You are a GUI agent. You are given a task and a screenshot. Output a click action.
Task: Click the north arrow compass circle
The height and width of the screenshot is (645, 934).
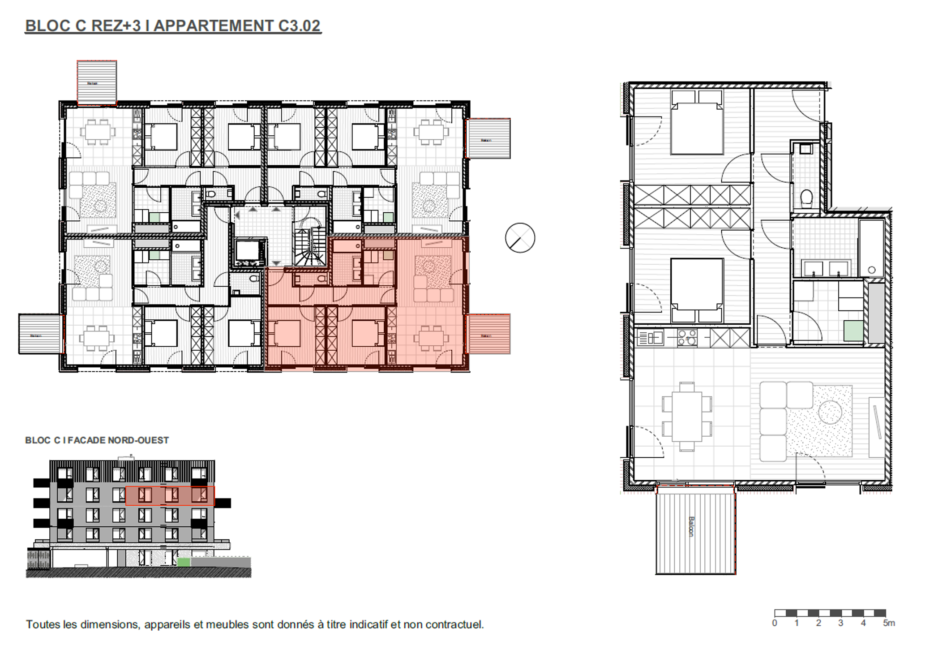[x=520, y=238]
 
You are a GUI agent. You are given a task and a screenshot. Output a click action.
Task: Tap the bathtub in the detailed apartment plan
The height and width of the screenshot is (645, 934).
[x=871, y=248]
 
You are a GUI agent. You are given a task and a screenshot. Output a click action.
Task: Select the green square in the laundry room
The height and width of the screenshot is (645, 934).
[x=853, y=331]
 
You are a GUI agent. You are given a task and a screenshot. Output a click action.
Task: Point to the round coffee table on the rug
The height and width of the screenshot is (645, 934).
[x=830, y=412]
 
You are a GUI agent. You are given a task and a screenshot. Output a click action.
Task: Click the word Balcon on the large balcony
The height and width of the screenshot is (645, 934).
[x=691, y=527]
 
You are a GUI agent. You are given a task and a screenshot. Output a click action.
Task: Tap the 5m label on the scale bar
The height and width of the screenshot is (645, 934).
[x=889, y=623]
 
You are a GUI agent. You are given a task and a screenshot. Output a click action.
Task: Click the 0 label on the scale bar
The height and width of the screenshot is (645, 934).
[x=775, y=623]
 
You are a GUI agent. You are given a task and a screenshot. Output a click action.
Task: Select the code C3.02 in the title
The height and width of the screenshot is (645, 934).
[x=299, y=26]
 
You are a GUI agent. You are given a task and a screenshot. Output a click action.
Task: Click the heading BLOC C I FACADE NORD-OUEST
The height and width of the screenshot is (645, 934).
[x=97, y=440]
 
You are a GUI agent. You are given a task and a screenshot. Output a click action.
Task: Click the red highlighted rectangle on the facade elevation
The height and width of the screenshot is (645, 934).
[x=170, y=496]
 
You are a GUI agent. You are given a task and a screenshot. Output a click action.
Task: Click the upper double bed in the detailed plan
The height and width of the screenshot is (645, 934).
[x=697, y=122]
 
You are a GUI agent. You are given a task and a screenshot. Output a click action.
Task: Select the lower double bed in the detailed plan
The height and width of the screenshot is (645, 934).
[x=697, y=290]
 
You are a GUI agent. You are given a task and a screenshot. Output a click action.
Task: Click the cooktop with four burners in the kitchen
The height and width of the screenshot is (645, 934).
[x=686, y=337]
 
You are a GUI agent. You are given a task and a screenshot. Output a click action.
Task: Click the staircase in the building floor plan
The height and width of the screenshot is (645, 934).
[x=310, y=246]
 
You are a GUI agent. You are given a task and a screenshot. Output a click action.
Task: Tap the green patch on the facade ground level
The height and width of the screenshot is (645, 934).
[x=184, y=562]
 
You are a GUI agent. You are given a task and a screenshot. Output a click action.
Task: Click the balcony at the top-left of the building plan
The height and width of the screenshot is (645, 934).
[x=97, y=83]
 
